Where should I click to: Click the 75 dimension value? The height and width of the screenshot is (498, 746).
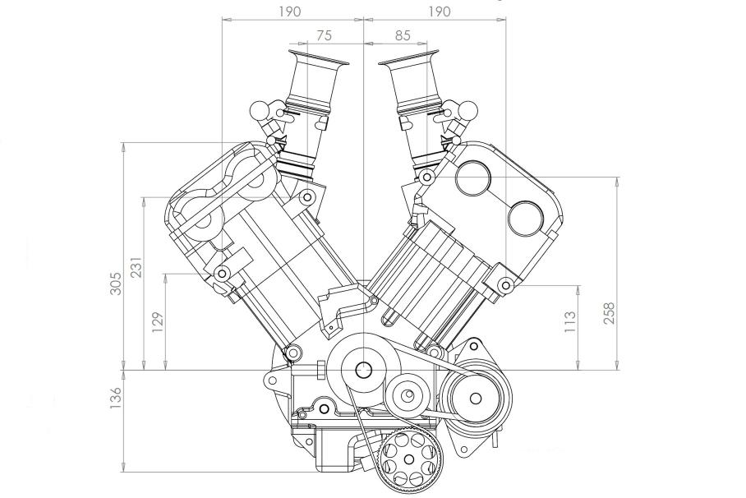[x=324, y=35]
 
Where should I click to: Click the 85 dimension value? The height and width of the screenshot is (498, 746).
[x=402, y=35]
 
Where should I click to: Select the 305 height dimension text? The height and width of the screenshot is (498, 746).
[x=116, y=284]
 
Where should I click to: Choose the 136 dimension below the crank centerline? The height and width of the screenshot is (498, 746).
[x=116, y=398]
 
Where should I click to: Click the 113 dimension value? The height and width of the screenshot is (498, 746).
[x=569, y=321]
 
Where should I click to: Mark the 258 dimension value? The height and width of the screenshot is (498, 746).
[x=609, y=313]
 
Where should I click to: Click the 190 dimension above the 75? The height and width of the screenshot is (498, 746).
[x=290, y=12]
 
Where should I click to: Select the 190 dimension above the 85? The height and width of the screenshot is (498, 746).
[x=438, y=12]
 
